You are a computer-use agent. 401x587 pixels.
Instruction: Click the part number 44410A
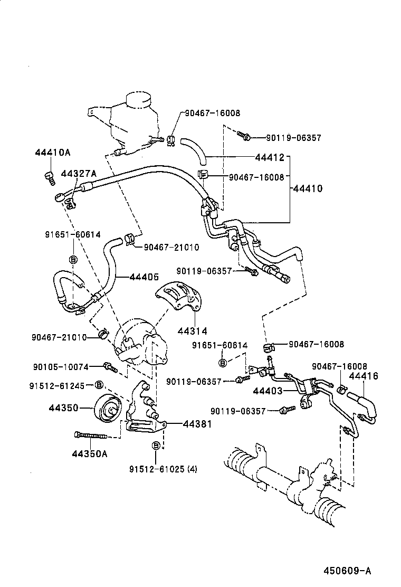coord(52,153)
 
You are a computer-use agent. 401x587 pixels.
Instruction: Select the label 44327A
coord(79,174)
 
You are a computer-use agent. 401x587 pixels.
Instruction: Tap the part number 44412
coord(270,157)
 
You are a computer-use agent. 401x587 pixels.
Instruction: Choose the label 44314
coord(193,331)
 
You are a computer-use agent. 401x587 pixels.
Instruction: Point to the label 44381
coord(197,424)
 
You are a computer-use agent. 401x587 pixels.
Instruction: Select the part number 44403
coord(269,391)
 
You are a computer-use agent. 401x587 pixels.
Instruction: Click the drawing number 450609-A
coord(348,571)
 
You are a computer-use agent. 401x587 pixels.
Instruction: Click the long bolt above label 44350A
coord(91,435)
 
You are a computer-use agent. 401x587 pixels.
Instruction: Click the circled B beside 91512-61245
coord(99,385)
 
